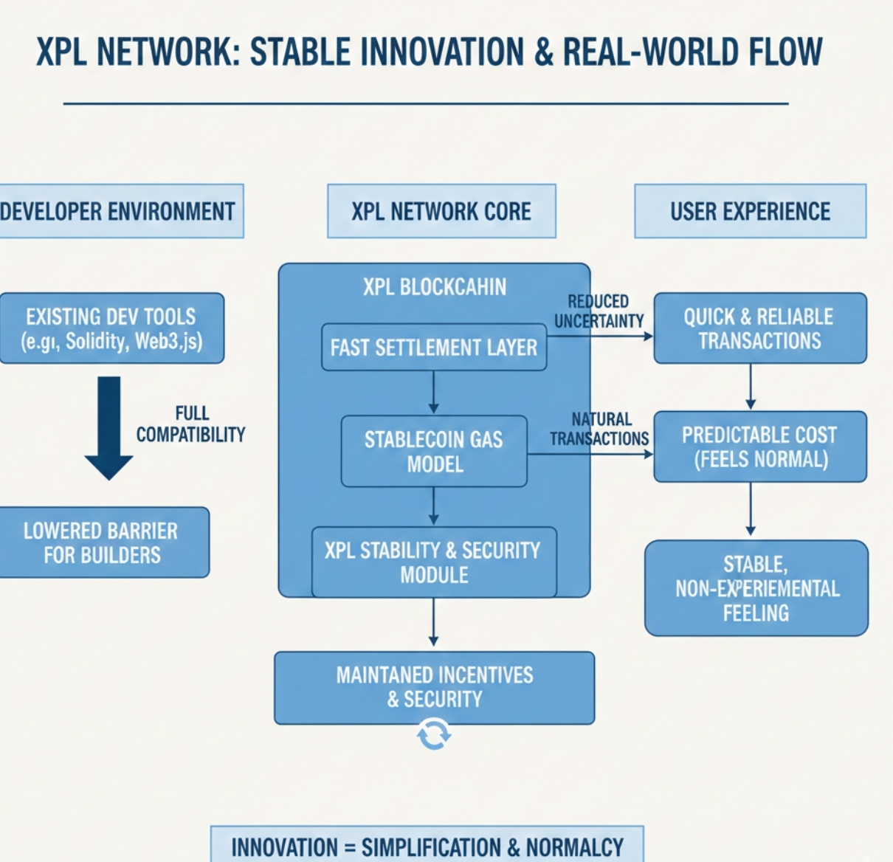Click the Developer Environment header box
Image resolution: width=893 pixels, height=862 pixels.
[x=118, y=211]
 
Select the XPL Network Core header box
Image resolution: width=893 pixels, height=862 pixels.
[x=441, y=211]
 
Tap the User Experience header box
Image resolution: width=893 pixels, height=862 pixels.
[x=750, y=211]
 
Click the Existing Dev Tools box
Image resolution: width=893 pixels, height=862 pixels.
[x=111, y=328]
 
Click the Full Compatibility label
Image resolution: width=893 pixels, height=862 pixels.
[x=190, y=424]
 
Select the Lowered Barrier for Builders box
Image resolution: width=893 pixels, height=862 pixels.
[x=101, y=542]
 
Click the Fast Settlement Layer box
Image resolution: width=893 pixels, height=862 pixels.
[x=434, y=347]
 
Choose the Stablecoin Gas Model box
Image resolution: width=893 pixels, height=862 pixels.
[x=434, y=451]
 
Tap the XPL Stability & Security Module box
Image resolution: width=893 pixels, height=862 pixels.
[x=434, y=562]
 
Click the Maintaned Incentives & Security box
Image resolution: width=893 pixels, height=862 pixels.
[x=434, y=687]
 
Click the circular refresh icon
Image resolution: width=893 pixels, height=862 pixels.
[x=434, y=735]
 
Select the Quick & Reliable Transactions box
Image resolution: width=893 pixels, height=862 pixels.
[x=759, y=328]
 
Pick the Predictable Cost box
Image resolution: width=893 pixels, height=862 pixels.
[x=759, y=446]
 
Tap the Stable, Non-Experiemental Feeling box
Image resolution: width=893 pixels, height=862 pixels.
[x=756, y=588]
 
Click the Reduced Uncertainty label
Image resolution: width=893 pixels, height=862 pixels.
[x=599, y=311]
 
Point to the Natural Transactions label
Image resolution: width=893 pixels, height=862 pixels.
[x=599, y=429]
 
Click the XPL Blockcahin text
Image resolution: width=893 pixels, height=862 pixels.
[x=434, y=286]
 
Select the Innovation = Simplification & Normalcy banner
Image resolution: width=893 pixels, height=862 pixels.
[x=427, y=846]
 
